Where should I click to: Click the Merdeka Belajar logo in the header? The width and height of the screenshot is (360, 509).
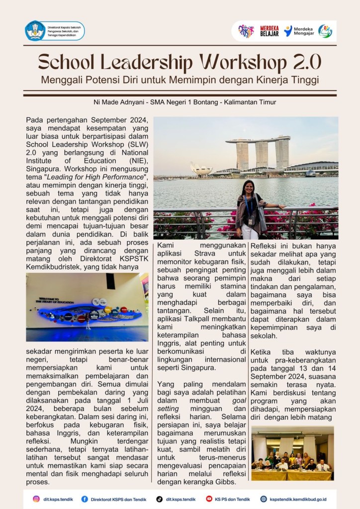[x=269, y=31]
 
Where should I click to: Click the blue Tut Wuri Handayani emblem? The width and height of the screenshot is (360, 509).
[x=35, y=31]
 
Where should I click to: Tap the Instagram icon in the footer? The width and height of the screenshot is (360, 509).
[x=36, y=499]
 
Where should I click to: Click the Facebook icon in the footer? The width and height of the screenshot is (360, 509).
[x=85, y=499]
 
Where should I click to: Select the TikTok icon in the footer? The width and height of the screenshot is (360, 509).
[x=160, y=499]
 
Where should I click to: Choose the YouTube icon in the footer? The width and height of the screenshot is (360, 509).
[x=209, y=499]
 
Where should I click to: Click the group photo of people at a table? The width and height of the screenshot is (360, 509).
[x=292, y=453]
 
